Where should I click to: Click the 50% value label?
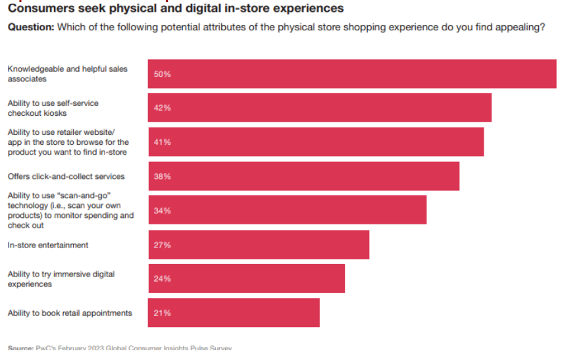pos(163,74)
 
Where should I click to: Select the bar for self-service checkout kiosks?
pos(320,108)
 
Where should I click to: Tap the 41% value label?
pos(163,142)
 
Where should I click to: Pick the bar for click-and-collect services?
pos(303,176)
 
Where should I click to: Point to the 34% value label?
pos(163,211)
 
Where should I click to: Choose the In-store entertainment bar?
pos(259,245)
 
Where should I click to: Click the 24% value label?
pos(163,279)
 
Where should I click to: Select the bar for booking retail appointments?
pos(234,313)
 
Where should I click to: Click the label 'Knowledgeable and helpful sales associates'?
pos(67,74)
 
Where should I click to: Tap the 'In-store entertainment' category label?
pos(48,245)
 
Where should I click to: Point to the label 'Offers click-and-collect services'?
pos(66,176)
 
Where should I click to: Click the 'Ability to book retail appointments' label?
pos(70,313)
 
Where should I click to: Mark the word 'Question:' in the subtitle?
pos(30,27)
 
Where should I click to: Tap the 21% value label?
pos(163,313)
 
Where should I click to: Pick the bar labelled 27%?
pos(259,245)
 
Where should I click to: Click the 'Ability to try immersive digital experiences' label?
pos(61,279)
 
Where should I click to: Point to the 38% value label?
pos(163,176)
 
